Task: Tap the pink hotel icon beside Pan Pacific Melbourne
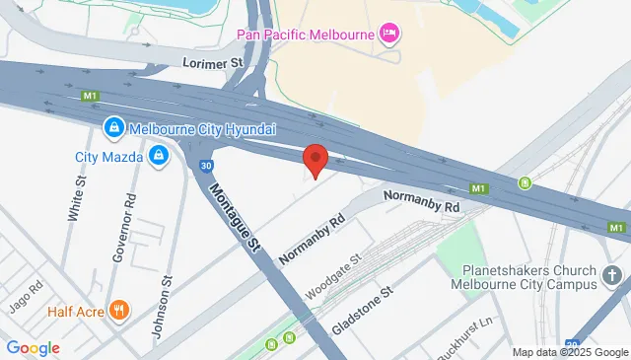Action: point(390,35)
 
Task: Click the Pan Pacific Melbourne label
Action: point(306,35)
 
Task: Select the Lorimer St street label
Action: point(213,62)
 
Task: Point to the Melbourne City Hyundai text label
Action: point(202,129)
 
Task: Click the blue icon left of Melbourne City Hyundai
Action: point(114,128)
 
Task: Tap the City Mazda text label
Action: point(108,156)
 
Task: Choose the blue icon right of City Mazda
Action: point(158,155)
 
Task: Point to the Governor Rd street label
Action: point(122,234)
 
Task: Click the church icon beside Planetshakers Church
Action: point(611,275)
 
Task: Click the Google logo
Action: point(34,348)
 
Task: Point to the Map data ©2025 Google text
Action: point(569,352)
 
